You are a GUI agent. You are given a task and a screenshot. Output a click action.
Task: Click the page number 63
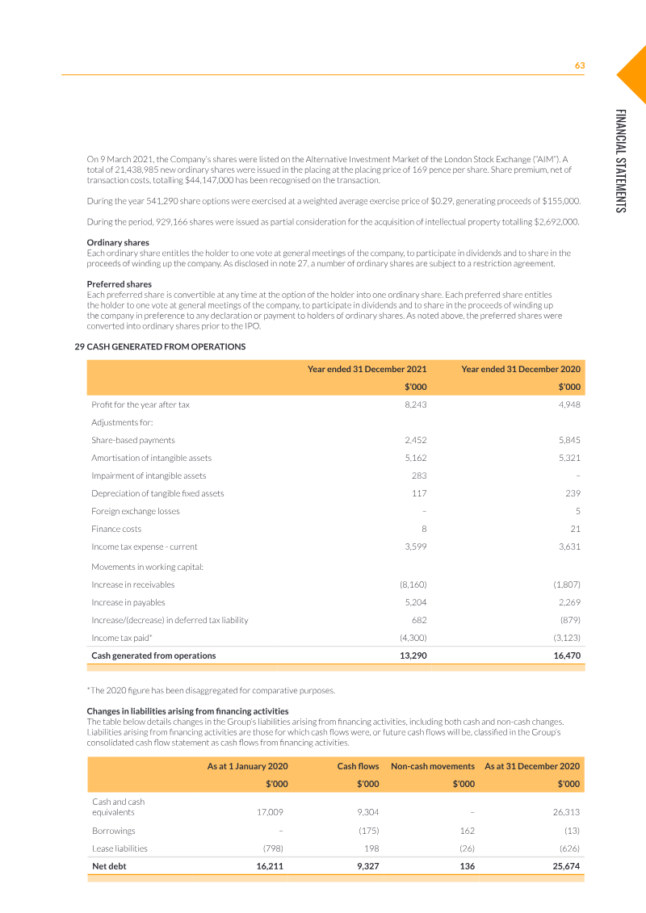(579, 65)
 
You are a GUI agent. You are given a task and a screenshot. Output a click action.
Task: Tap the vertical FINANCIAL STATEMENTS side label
(619, 161)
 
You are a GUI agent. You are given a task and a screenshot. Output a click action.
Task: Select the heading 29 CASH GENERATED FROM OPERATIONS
(160, 346)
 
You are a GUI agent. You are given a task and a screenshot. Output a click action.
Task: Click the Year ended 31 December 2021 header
(367, 369)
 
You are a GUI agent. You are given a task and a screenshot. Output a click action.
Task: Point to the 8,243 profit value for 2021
(415, 404)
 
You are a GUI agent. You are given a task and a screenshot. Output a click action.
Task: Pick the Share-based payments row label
(133, 440)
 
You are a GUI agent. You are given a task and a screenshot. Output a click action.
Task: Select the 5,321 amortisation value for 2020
(569, 458)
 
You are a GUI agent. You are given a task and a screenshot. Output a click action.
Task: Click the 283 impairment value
(419, 475)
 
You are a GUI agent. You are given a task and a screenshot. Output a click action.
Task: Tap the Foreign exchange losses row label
(136, 511)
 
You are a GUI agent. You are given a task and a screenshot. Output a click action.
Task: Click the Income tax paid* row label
(122, 638)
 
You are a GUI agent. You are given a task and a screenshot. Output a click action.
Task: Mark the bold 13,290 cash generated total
(413, 655)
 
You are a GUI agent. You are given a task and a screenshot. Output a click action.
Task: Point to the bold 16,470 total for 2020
(567, 655)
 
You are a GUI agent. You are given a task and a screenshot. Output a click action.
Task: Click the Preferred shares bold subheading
(119, 284)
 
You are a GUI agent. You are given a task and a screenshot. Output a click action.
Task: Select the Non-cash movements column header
(432, 765)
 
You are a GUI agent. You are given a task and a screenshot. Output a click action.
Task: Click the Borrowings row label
(114, 830)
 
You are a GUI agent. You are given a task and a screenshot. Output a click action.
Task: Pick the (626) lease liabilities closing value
(568, 848)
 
